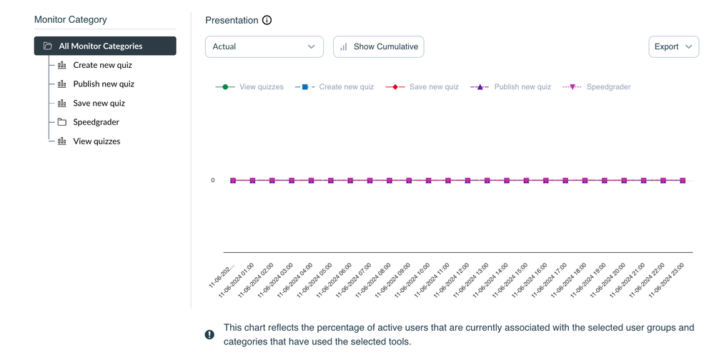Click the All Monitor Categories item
pyautogui.click(x=104, y=46)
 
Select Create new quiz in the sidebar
pyautogui.click(x=102, y=65)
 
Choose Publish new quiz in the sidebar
pyautogui.click(x=103, y=84)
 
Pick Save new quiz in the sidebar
pyautogui.click(x=99, y=104)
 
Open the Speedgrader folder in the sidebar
pyautogui.click(x=96, y=122)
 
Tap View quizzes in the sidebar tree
pyautogui.click(x=96, y=141)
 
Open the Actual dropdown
pyautogui.click(x=264, y=47)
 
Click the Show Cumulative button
pyautogui.click(x=379, y=47)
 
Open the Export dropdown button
pyautogui.click(x=673, y=47)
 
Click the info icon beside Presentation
pyautogui.click(x=267, y=21)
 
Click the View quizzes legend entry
pyautogui.click(x=249, y=87)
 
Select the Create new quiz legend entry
pyautogui.click(x=334, y=87)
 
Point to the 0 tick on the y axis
pyautogui.click(x=213, y=181)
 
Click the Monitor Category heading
pyautogui.click(x=71, y=20)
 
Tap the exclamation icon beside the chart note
pyautogui.click(x=209, y=334)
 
